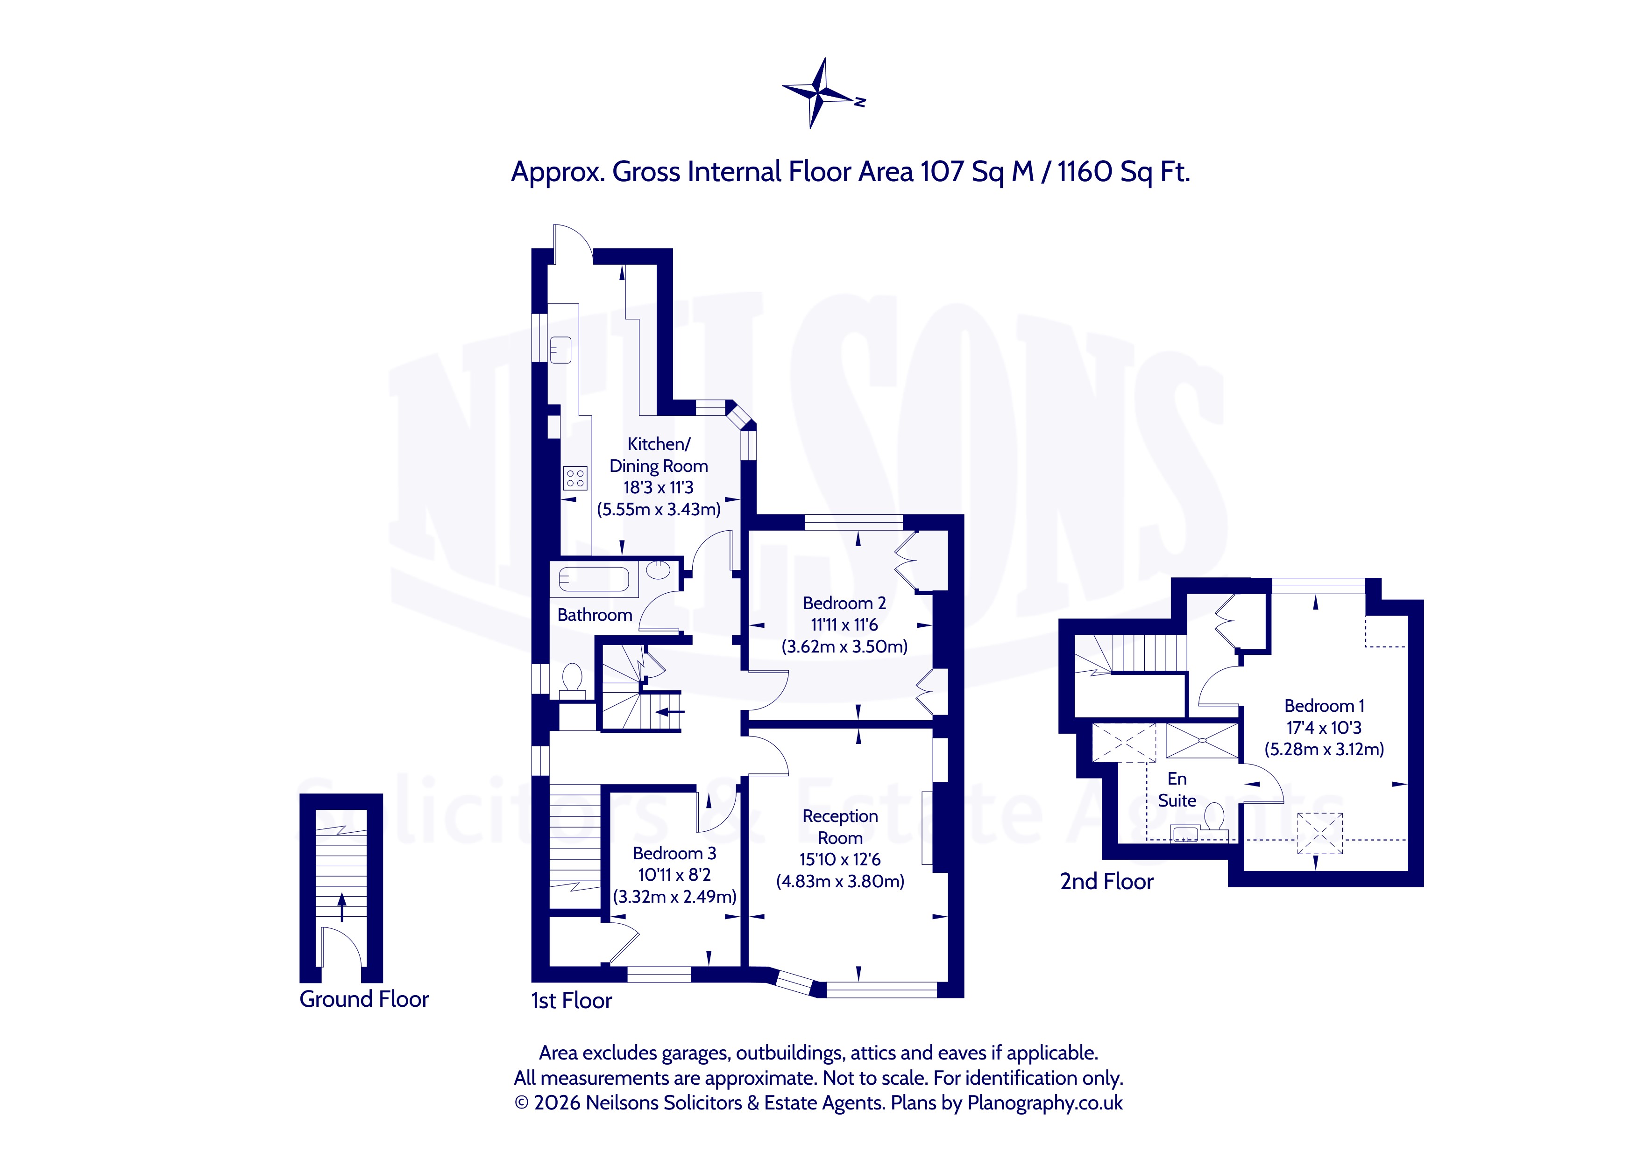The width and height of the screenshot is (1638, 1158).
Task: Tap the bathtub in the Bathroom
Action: (594, 578)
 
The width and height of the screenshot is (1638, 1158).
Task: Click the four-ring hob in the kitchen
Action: (575, 478)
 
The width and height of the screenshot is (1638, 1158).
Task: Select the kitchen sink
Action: (561, 349)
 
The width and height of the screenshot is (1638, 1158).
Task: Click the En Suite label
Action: (1177, 789)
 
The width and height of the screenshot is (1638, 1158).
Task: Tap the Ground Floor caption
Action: (364, 999)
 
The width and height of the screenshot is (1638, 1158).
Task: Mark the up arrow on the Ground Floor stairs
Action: (342, 906)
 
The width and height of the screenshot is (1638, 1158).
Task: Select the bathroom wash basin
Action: (659, 570)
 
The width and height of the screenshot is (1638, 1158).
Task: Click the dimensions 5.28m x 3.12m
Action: (1325, 750)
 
